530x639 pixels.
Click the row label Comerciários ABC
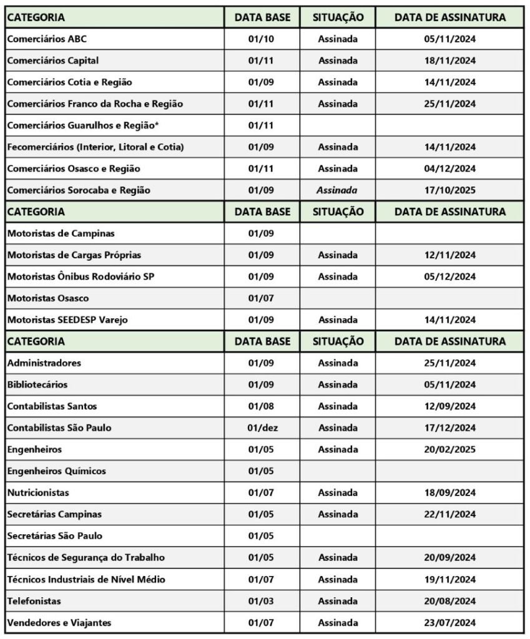(47, 39)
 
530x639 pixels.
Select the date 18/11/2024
(449, 61)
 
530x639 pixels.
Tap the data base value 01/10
(262, 39)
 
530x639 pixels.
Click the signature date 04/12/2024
(449, 168)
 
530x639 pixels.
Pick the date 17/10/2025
(449, 190)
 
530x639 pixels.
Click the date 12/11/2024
(449, 255)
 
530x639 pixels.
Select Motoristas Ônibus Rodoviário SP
(81, 276)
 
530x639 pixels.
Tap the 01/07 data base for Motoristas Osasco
(262, 298)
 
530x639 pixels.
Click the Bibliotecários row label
(37, 384)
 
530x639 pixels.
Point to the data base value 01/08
(262, 406)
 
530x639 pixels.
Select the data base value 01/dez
(262, 428)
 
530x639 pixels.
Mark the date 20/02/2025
(449, 449)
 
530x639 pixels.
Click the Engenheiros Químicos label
(56, 471)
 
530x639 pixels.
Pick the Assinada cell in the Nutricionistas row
(338, 492)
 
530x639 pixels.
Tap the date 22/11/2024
(449, 514)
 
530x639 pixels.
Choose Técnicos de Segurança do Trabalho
(86, 557)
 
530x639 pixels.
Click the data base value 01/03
(262, 601)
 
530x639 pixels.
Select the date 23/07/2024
(449, 622)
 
